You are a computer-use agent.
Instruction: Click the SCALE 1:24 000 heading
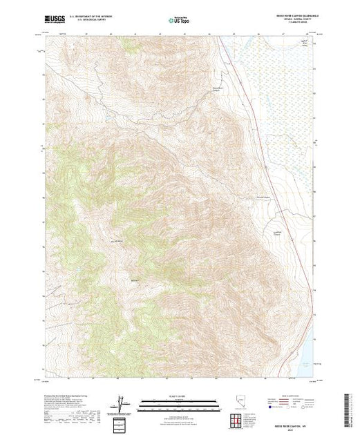(x=179, y=397)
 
